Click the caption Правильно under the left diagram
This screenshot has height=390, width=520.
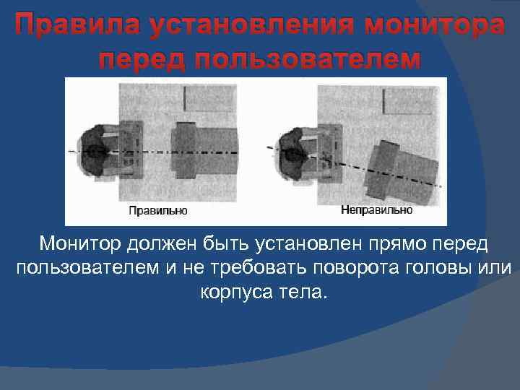coord(157,212)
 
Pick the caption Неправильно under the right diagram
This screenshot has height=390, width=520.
coord(376,210)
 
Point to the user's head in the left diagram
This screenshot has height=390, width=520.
coord(97,152)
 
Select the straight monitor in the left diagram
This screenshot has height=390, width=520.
coord(206,152)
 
